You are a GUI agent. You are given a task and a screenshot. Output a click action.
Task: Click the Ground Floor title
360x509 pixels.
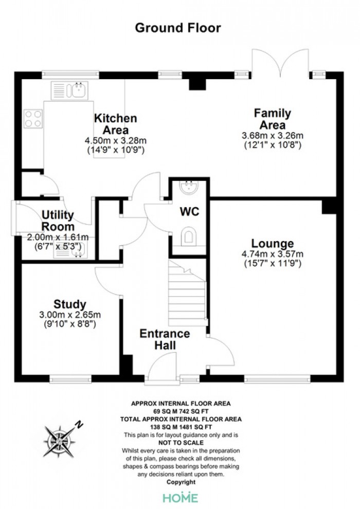(178, 28)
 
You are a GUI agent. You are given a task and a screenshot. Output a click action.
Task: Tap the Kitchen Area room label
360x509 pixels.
(116, 124)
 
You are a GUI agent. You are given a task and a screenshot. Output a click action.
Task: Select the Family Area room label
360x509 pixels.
(273, 119)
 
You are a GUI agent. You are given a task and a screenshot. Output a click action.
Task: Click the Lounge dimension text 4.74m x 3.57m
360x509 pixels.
(273, 254)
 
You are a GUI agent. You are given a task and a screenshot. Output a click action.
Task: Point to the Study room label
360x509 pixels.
(70, 304)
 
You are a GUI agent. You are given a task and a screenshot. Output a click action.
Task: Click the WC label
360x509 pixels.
(190, 212)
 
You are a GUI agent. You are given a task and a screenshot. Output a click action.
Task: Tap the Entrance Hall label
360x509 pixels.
(165, 339)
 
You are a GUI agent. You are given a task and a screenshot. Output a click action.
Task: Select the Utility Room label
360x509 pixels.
(58, 221)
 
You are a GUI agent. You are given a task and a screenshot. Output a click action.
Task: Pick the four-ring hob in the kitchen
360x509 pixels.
(33, 119)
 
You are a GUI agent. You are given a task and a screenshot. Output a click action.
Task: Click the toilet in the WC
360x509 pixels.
(189, 235)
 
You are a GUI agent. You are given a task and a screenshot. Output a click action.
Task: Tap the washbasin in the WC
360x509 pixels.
(189, 188)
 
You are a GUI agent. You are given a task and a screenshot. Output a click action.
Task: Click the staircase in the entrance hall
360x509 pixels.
(188, 294)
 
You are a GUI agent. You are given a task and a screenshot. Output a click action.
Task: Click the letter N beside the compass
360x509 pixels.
(79, 424)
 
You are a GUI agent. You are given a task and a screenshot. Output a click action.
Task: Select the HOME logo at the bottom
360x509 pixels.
(180, 498)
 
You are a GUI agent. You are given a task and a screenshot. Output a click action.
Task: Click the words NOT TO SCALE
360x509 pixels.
(181, 443)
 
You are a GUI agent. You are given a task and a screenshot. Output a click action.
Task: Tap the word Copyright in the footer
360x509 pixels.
(181, 482)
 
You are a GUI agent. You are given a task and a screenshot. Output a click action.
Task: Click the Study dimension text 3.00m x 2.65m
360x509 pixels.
(70, 315)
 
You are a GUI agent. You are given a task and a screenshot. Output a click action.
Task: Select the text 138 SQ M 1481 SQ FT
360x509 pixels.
(181, 427)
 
